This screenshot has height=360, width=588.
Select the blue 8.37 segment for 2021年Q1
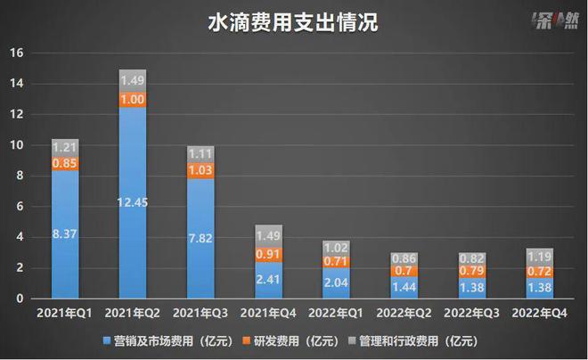pyautogui.click(x=65, y=234)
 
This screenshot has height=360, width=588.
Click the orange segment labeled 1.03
pyautogui.click(x=200, y=169)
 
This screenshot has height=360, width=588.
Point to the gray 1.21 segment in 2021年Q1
pyautogui.click(x=65, y=147)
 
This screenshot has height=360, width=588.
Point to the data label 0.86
pyautogui.click(x=403, y=258)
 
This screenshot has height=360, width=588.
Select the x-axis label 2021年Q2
pyautogui.click(x=133, y=313)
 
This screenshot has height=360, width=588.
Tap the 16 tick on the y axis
pyautogui.click(x=14, y=53)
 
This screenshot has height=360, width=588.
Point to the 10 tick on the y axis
pyautogui.click(x=14, y=145)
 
